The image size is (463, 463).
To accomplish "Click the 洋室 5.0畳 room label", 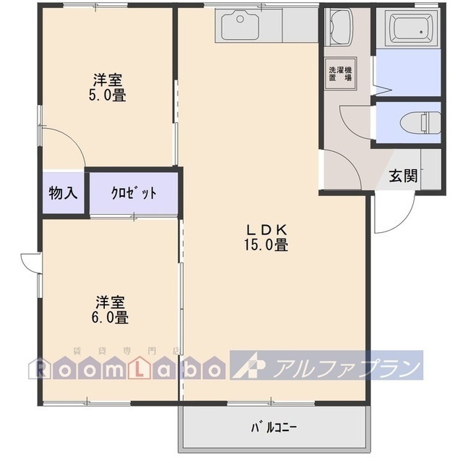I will [x=108, y=87].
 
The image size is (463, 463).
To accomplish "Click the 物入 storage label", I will [x=64, y=193].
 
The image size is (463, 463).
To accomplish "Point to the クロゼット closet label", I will [x=134, y=193].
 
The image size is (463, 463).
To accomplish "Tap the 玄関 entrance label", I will [x=402, y=175].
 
